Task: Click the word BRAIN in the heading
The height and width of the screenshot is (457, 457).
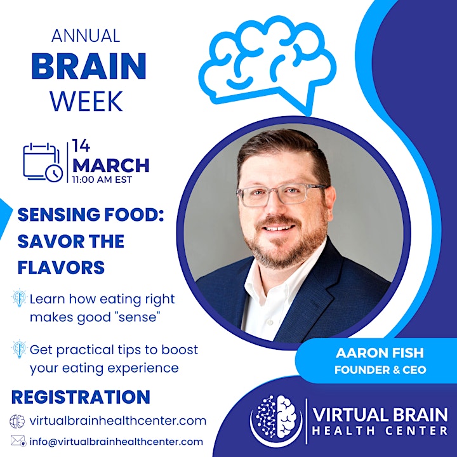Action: click(89, 66)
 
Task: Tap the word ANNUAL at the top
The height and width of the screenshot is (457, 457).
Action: click(86, 36)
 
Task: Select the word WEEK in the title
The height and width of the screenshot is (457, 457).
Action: click(86, 101)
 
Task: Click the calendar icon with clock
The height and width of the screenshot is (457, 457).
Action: click(43, 162)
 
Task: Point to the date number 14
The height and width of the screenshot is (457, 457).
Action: click(81, 146)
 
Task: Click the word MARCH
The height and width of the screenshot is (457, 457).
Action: click(110, 166)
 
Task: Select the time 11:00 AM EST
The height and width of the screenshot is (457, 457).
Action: click(102, 180)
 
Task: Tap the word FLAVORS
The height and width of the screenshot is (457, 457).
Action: click(61, 268)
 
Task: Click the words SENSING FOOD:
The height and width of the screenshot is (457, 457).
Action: click(91, 215)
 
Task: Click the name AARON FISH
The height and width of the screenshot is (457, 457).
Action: click(380, 353)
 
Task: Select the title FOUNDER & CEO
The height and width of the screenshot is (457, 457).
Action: click(380, 370)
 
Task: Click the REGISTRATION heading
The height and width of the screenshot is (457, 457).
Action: click(81, 397)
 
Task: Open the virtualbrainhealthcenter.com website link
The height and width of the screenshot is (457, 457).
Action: click(118, 421)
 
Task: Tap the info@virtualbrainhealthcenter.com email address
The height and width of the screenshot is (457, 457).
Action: click(116, 442)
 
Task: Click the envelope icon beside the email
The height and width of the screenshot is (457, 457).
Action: click(18, 441)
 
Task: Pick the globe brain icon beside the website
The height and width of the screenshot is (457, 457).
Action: click(17, 421)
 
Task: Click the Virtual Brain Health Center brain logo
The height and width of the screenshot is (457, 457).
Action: click(276, 419)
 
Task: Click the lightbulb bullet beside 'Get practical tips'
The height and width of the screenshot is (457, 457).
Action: click(19, 349)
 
